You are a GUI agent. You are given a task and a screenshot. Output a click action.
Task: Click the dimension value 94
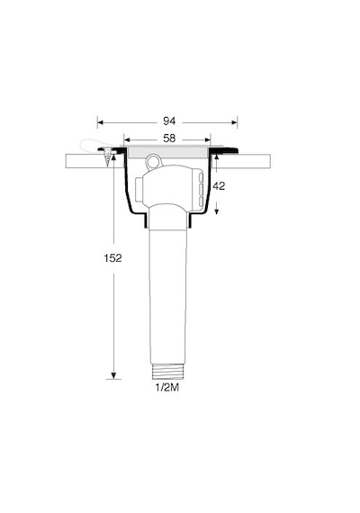point(169,121)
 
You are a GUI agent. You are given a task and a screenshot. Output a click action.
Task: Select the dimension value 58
point(169,139)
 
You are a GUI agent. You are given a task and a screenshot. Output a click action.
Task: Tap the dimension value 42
point(219,186)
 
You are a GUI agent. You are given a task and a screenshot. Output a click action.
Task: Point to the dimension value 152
point(112,258)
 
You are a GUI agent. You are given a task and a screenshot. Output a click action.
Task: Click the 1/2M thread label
point(167,388)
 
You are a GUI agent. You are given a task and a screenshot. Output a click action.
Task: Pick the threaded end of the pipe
point(167,372)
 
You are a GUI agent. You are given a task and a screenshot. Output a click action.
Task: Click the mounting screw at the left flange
point(107,157)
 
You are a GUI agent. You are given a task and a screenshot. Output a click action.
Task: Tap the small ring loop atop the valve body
point(155,161)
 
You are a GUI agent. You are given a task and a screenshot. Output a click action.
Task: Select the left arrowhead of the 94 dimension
point(101,122)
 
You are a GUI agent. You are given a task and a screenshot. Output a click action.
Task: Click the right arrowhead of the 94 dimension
point(234,122)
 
